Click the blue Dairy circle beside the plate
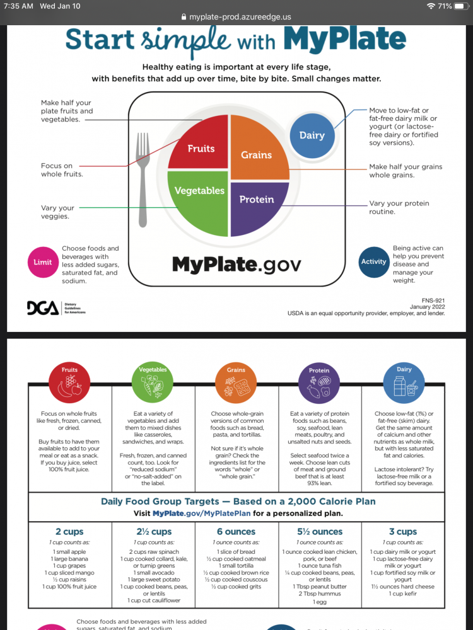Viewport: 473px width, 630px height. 312,135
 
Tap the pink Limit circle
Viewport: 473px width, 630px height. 43,261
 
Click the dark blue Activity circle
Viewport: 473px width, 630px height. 373,261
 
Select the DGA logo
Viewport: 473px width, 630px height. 42,308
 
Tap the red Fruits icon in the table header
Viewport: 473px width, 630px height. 69,382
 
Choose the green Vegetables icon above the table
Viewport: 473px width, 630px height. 153,382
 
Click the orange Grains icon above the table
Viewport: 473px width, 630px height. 236,382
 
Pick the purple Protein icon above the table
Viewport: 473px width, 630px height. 319,382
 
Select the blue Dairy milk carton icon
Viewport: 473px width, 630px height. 403,382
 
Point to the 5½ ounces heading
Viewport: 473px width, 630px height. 319,532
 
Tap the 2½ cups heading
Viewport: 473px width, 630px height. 153,532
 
